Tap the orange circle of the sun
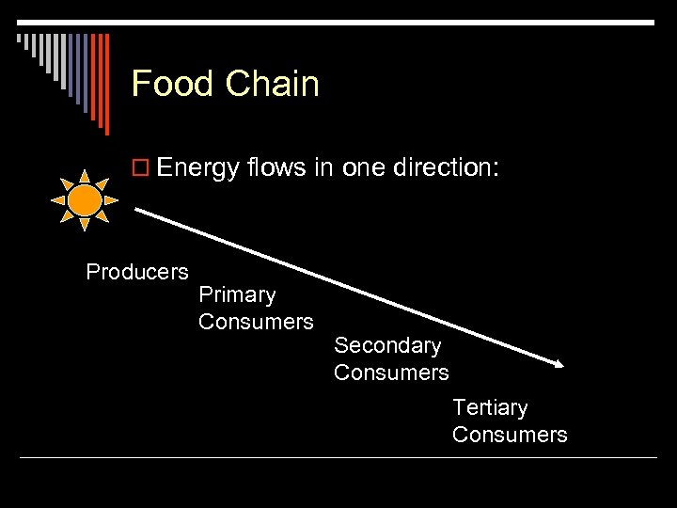85,199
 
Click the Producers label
137,272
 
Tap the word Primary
237,295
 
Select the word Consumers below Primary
256,322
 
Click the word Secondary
387,346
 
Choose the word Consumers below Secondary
391,373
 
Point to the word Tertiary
490,407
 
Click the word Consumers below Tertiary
510,434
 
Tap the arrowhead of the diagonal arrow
557,363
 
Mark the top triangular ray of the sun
85,175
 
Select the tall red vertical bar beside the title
106,83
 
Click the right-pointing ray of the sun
111,200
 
